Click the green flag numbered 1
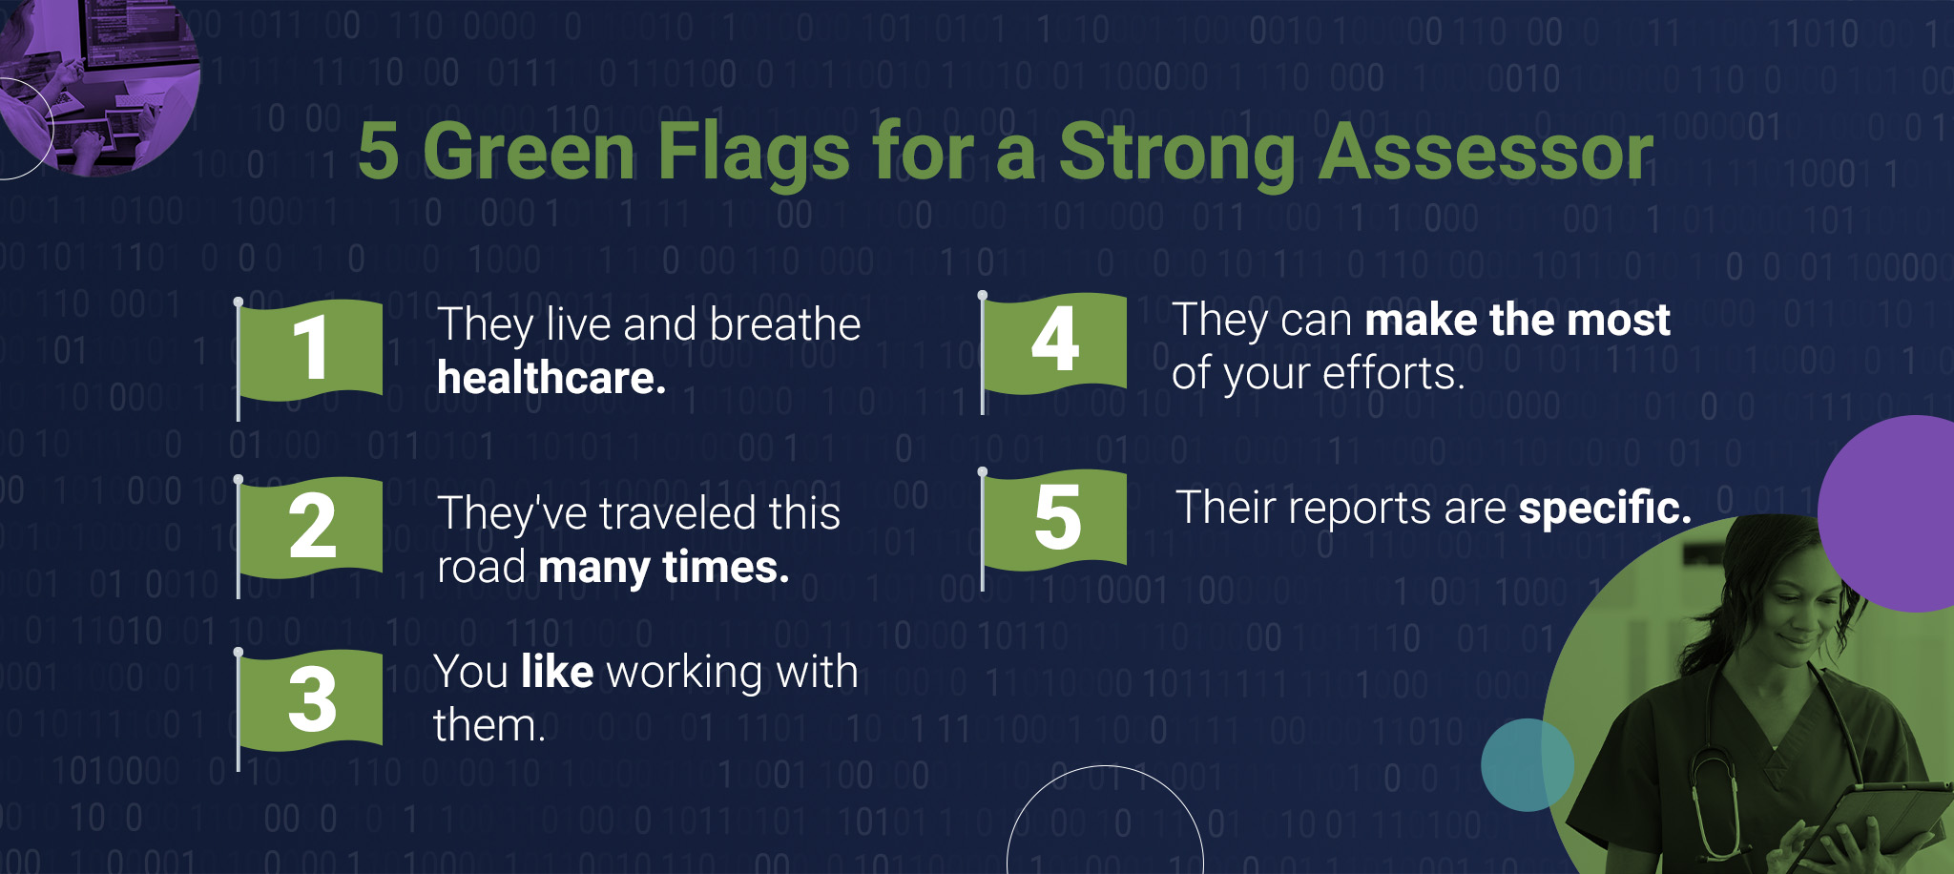[310, 349]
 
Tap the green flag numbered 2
[310, 528]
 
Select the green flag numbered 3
[310, 700]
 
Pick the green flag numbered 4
[1054, 343]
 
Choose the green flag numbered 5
[1054, 520]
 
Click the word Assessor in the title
[1486, 152]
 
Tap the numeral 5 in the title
[379, 152]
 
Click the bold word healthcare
[551, 378]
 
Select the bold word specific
[1605, 508]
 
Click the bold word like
[558, 671]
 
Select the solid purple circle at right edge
[1887, 513]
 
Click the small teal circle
[1528, 765]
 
